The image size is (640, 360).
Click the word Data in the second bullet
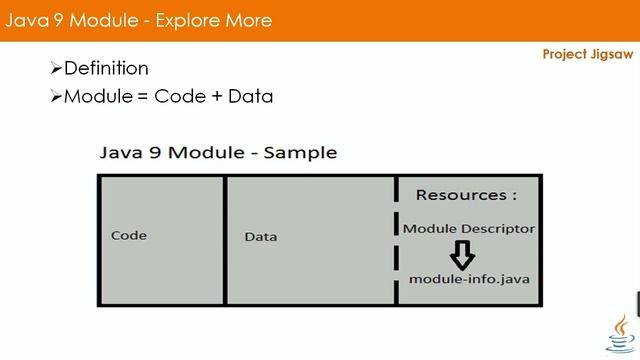click(250, 97)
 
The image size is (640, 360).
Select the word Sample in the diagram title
click(304, 153)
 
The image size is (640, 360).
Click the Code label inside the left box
click(129, 236)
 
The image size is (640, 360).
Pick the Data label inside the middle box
click(261, 237)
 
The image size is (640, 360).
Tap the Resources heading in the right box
click(466, 195)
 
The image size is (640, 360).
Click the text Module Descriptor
click(469, 229)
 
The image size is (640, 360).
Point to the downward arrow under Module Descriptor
click(462, 255)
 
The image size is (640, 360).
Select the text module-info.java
click(469, 279)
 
